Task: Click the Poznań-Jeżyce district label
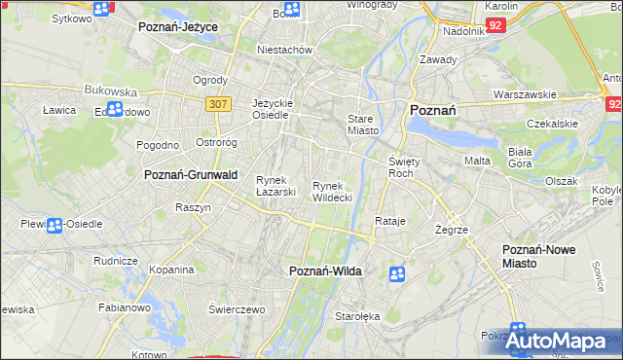click(x=178, y=26)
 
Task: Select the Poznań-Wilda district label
click(x=326, y=271)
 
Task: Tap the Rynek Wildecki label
click(x=332, y=192)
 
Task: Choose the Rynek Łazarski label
click(x=275, y=186)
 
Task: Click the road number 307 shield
click(x=218, y=102)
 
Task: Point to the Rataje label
click(x=389, y=221)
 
